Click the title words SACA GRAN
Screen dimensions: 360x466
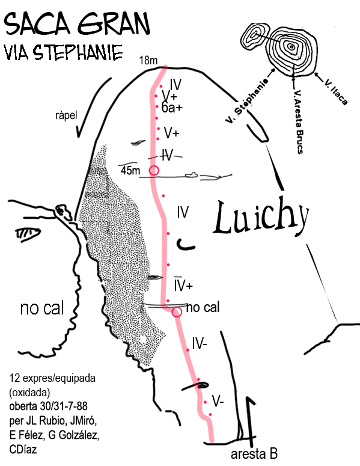click(x=77, y=24)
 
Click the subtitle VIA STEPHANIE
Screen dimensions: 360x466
click(x=63, y=52)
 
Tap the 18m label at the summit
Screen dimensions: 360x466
click(x=148, y=61)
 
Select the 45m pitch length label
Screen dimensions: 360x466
click(x=130, y=170)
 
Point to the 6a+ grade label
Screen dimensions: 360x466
click(x=172, y=108)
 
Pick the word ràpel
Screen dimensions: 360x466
click(x=66, y=115)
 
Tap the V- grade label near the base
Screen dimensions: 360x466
click(x=218, y=402)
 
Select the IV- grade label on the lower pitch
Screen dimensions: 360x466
click(x=200, y=343)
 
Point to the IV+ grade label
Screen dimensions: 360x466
click(x=183, y=285)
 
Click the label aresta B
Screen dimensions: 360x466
click(x=254, y=454)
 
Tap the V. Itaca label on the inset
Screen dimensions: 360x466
click(x=335, y=92)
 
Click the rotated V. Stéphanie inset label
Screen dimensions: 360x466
click(x=247, y=101)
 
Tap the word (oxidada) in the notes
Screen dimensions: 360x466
click(x=29, y=393)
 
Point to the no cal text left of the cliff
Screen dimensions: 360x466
click(x=42, y=308)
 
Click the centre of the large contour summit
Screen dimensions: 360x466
click(x=291, y=47)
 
